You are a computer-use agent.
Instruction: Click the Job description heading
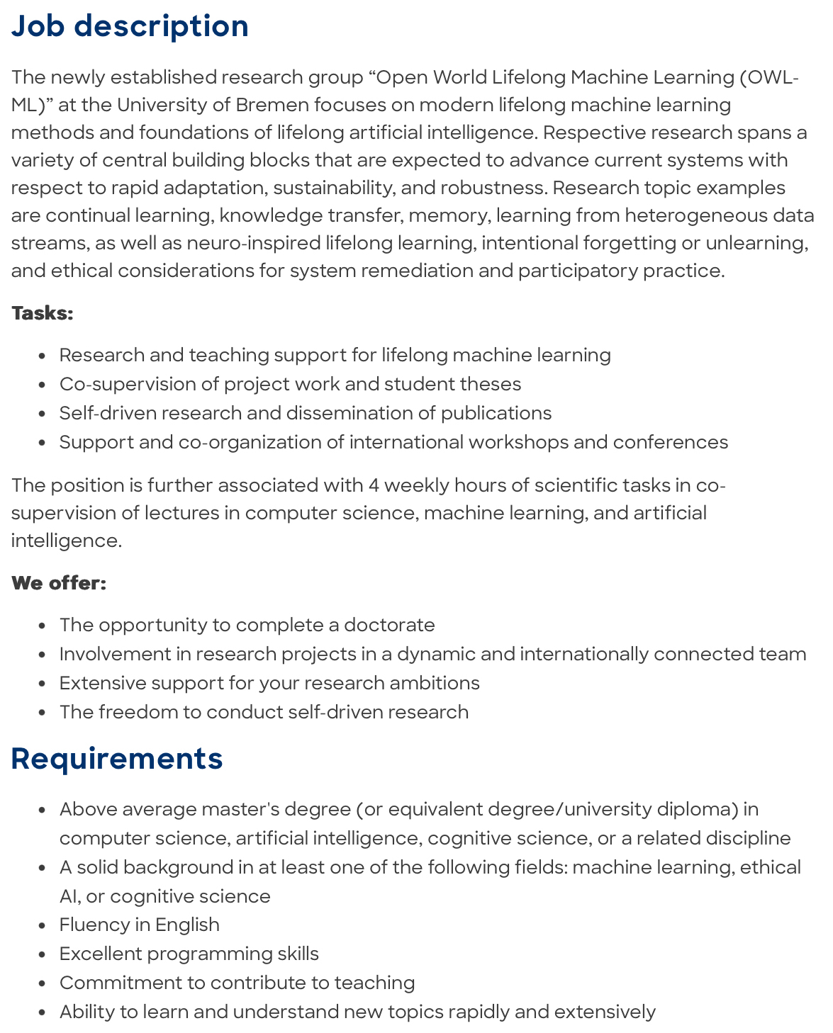pos(130,26)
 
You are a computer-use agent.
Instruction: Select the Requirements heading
pos(117,758)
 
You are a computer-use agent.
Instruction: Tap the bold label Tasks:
pos(43,313)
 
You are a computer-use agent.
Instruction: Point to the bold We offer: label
pos(59,583)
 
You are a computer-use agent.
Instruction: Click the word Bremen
pos(272,105)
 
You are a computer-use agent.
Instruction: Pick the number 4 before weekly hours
pos(374,485)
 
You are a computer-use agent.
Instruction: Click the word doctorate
pos(389,625)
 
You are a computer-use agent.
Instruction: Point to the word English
pos(187,925)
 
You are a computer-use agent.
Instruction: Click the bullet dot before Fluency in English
pos(43,925)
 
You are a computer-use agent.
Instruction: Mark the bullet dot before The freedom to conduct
pos(43,713)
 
